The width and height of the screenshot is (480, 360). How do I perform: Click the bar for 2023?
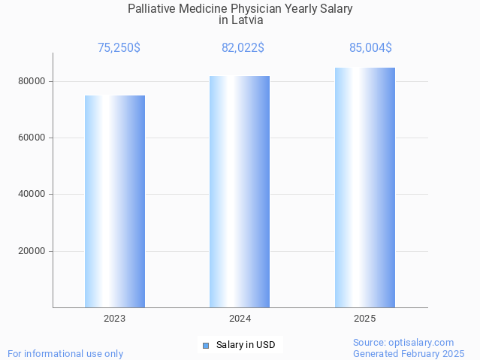click(x=115, y=201)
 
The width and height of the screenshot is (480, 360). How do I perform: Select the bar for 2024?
click(x=240, y=192)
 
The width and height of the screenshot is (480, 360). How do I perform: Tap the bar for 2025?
click(x=365, y=187)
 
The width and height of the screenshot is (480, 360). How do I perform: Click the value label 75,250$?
click(x=119, y=48)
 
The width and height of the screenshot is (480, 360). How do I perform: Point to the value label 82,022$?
click(x=243, y=48)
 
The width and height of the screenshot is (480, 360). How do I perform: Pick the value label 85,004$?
click(x=370, y=48)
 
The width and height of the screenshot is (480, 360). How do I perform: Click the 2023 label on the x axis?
click(x=115, y=319)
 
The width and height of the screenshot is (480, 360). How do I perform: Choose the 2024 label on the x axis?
click(x=240, y=319)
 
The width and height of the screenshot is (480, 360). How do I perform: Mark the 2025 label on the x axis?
click(x=365, y=319)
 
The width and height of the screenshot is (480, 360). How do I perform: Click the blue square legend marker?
click(x=205, y=346)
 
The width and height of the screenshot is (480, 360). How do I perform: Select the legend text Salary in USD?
click(x=246, y=346)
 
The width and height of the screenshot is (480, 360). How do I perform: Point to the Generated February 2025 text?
click(x=409, y=353)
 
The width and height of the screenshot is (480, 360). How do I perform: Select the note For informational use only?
click(x=65, y=353)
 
